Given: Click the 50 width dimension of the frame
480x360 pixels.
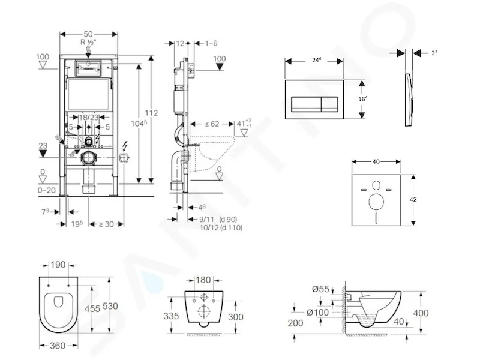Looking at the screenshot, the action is pos(88,34).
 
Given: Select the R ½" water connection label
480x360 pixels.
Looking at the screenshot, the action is pos(88,42).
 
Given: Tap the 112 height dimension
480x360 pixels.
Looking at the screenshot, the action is pos(151,113).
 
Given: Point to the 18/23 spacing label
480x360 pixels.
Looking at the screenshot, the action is pos(89,117).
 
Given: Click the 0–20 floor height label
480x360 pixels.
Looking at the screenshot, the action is pos(47,190).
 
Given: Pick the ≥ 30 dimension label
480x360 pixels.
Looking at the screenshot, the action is pos(106,224).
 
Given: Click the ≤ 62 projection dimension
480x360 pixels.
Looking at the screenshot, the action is pos(212,124).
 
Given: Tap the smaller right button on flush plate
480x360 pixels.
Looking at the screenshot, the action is pos(329,104).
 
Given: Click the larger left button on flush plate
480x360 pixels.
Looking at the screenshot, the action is pos(306,104).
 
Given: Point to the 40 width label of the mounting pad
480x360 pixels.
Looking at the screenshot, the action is pos(376,161).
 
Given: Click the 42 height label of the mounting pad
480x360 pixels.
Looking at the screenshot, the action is pos(413,200).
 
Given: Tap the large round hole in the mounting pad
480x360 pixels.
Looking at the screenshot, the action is pos(376,202).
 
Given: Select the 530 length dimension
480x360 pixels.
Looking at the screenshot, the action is pos(110,306).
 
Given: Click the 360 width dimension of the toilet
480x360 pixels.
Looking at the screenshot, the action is pos(58,346).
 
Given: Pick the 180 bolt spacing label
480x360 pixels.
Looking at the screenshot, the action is pos(203,280).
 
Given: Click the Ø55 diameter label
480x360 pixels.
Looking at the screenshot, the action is pos(320,289).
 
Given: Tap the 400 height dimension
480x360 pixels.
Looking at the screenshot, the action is pos(421,313).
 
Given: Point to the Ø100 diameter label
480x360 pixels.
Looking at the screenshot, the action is pos(318,313).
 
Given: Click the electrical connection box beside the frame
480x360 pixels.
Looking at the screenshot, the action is pos(124,158).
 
